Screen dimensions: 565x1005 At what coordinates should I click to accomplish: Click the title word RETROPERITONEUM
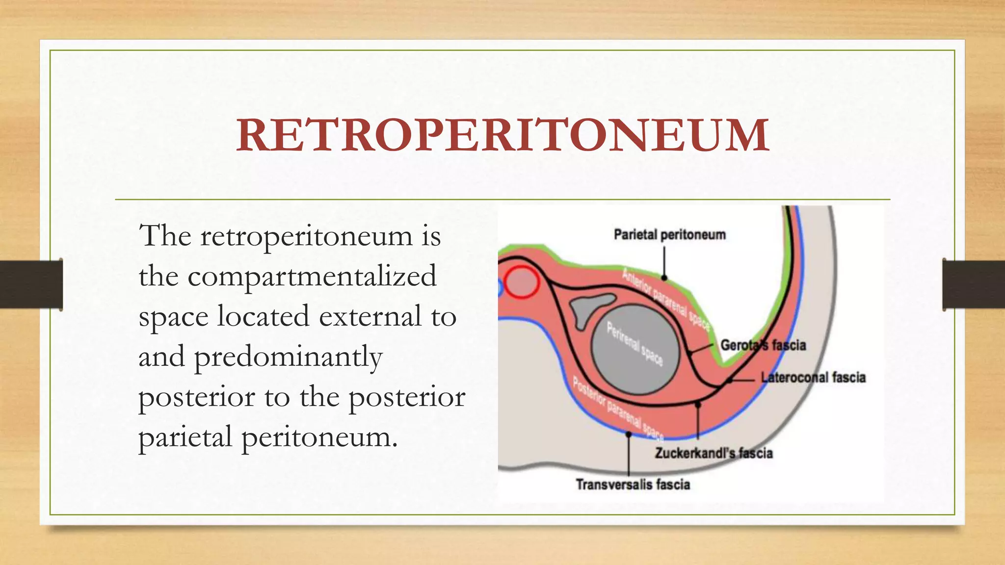[502, 135]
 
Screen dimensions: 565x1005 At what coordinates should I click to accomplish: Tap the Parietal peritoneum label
[669, 235]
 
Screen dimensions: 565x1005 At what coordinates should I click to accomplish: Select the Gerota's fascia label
[763, 345]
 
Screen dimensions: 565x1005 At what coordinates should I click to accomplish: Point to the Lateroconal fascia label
[813, 378]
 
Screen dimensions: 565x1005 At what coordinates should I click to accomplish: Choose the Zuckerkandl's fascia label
[714, 453]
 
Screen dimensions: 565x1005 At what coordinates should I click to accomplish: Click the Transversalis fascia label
[633, 485]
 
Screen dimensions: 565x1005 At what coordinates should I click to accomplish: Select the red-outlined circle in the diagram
[522, 282]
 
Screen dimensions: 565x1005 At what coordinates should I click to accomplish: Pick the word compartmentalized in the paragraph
[312, 276]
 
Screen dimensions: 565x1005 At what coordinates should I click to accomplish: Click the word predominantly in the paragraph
[288, 357]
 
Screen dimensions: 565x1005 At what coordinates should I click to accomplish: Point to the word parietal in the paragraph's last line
[185, 437]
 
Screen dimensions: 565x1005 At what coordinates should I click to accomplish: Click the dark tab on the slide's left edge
[31, 284]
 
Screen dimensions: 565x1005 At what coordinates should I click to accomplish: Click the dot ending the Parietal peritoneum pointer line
[664, 278]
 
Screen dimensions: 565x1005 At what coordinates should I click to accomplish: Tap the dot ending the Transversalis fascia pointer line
[629, 434]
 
